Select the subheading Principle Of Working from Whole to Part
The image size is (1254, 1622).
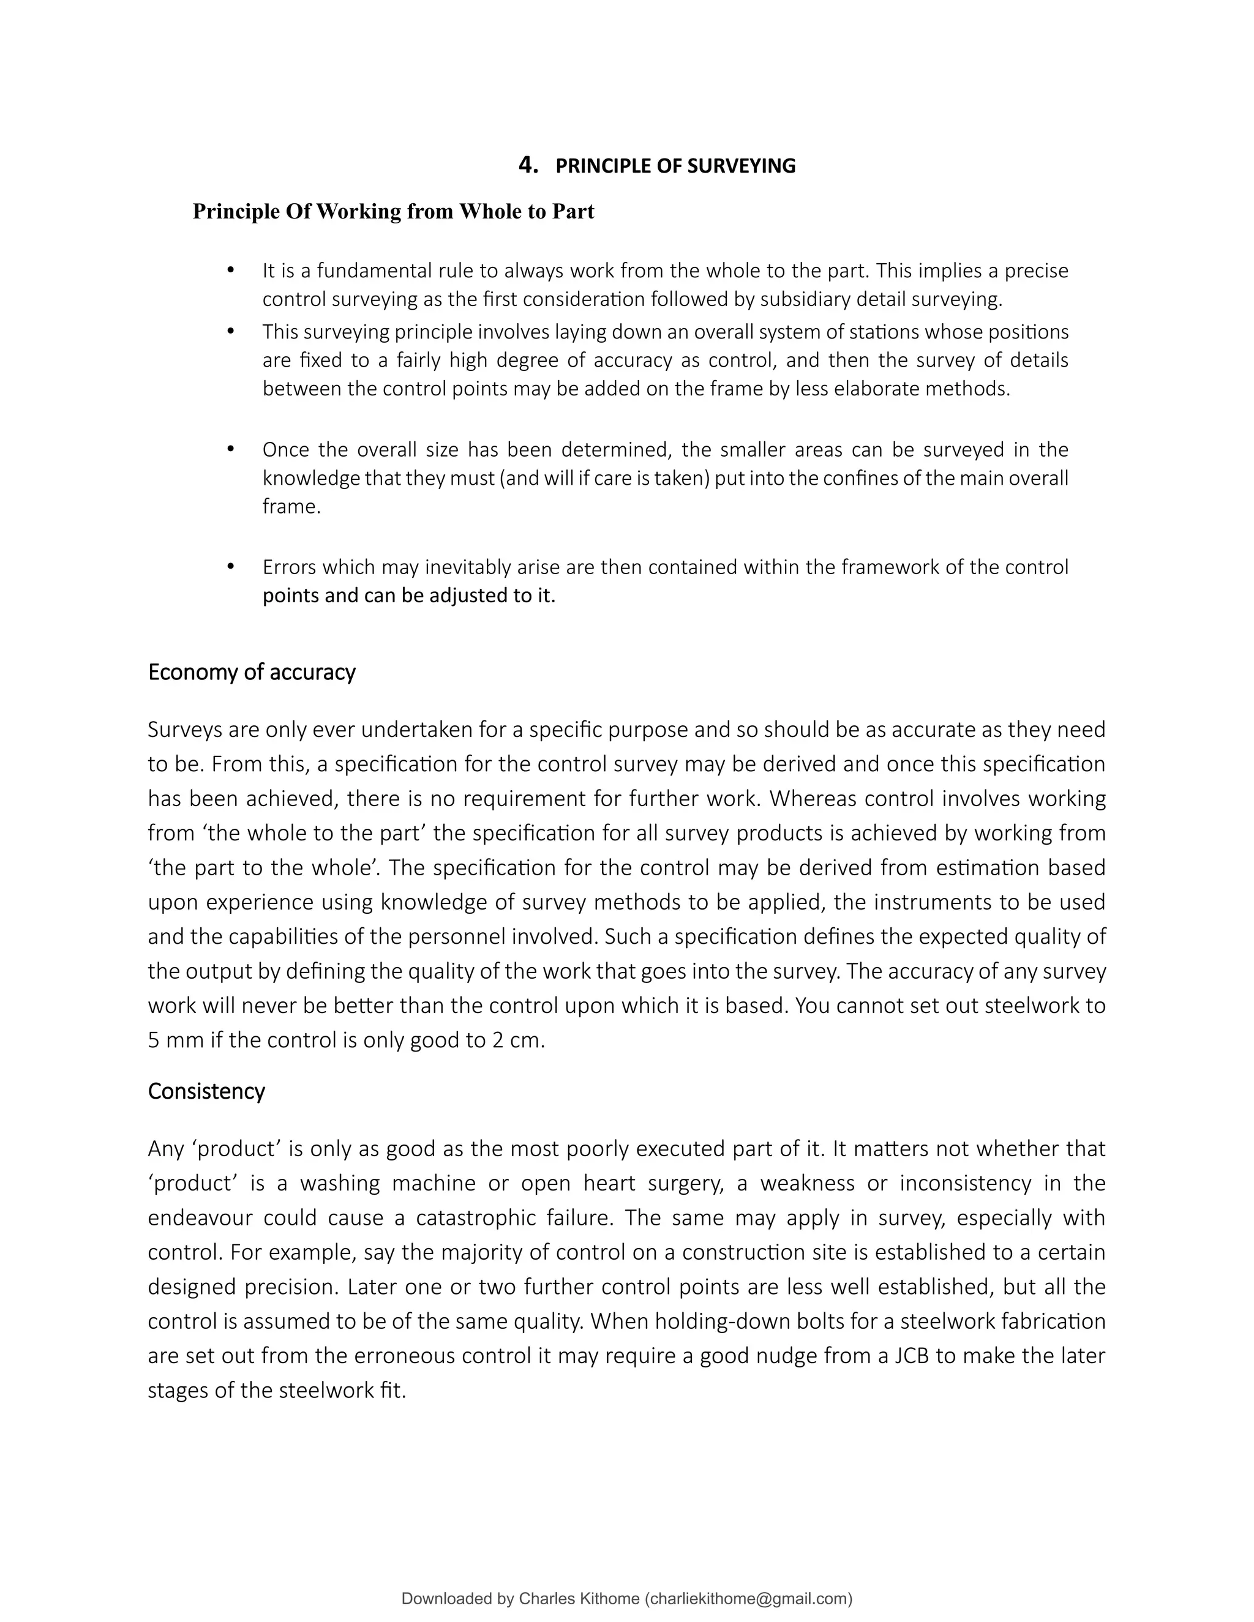pos(393,212)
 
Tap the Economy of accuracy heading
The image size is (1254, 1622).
pos(252,672)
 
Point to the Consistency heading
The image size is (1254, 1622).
pos(206,1091)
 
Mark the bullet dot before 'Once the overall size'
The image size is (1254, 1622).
pos(230,449)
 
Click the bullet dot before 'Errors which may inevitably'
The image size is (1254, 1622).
pos(230,567)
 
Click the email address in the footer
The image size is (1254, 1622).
pos(749,1599)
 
